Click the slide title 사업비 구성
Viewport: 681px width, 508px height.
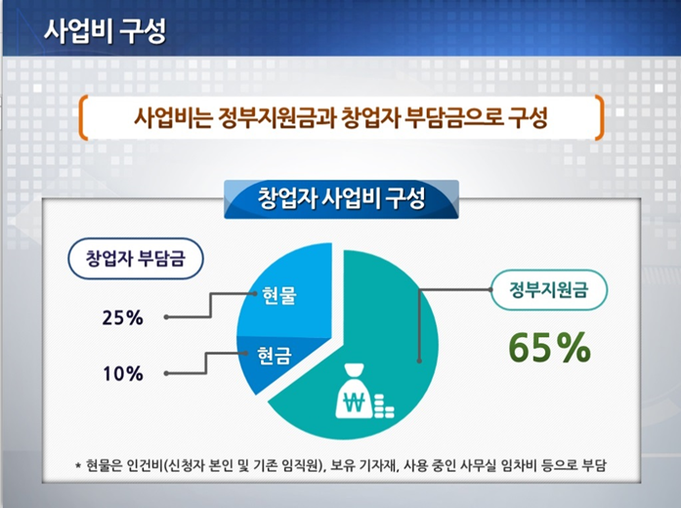(x=105, y=30)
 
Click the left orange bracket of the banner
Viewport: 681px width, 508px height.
(x=83, y=117)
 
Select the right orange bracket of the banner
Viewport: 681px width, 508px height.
(x=599, y=117)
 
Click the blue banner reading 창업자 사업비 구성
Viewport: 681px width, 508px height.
(x=341, y=199)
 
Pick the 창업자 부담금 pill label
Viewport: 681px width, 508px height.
(x=136, y=258)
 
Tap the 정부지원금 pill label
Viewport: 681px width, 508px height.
(x=549, y=289)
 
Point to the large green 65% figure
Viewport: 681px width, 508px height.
(x=549, y=348)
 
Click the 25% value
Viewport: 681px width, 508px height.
(x=122, y=318)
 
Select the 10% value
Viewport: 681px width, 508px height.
(x=123, y=373)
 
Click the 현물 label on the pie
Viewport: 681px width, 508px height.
(x=279, y=295)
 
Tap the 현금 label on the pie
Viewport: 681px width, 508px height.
(x=274, y=355)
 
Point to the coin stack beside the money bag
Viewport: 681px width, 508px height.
(x=384, y=406)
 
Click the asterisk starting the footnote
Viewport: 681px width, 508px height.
(x=78, y=466)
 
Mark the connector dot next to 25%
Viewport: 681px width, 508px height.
(x=166, y=317)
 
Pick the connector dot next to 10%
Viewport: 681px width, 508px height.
(x=166, y=373)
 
